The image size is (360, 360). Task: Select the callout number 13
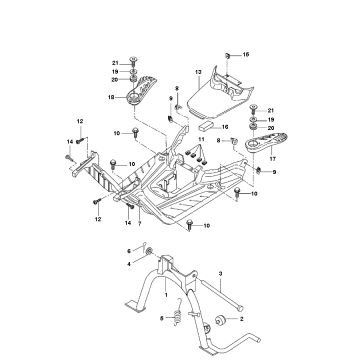(198, 73)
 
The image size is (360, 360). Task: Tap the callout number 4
(128, 263)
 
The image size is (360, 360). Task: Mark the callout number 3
(220, 272)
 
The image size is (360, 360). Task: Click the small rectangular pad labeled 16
(206, 127)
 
